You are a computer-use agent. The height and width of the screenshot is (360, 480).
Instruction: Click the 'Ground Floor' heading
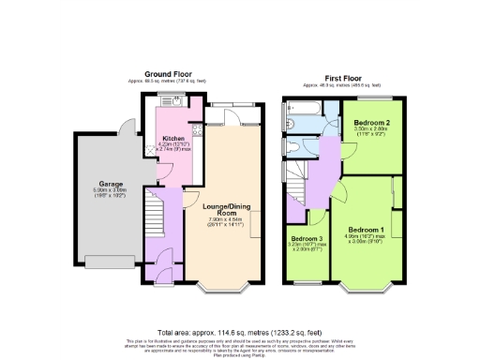(169, 73)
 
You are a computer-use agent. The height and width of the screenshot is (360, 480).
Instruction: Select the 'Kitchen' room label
(173, 137)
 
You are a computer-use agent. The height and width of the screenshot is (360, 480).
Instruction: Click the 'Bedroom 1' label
(366, 229)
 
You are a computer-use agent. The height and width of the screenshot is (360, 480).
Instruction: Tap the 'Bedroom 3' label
(307, 239)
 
